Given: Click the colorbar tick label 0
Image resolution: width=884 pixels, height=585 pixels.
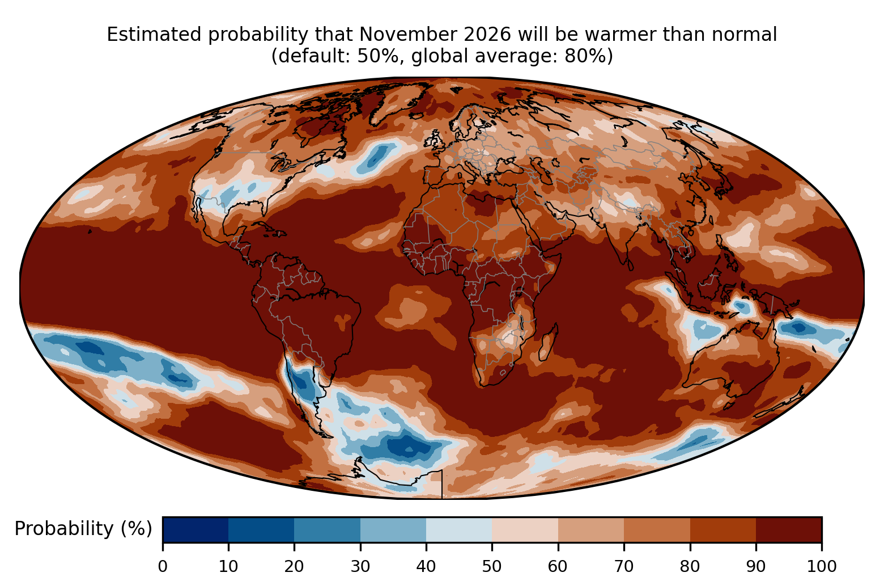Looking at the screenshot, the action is pyautogui.click(x=163, y=566).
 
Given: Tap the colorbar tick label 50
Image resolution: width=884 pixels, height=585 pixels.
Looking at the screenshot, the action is pyautogui.click(x=492, y=566).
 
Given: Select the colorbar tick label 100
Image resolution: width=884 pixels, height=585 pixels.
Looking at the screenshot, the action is pyautogui.click(x=822, y=566).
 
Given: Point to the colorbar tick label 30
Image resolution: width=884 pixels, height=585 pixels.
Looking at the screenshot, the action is pyautogui.click(x=360, y=566).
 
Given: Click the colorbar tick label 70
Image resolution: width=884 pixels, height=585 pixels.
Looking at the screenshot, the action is pyautogui.click(x=624, y=566).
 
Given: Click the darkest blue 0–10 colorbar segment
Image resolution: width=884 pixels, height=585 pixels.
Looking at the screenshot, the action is pyautogui.click(x=195, y=529).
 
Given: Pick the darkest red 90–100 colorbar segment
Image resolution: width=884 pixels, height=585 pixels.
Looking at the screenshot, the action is pyautogui.click(x=789, y=529).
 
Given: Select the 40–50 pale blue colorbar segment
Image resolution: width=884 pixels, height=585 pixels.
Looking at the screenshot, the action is pyautogui.click(x=459, y=529).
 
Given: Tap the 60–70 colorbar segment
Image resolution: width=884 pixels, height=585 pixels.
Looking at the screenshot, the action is pyautogui.click(x=591, y=529).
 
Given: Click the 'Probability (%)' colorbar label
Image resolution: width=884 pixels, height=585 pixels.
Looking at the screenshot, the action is pyautogui.click(x=83, y=529).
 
